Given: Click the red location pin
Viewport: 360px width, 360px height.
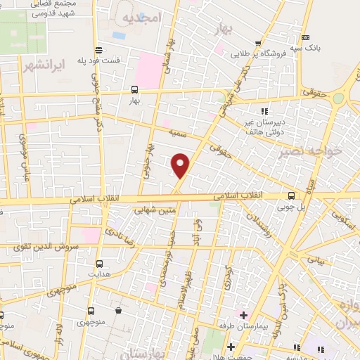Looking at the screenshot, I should tap(181, 165).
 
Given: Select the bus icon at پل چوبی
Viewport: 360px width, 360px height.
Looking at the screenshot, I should tap(292, 196).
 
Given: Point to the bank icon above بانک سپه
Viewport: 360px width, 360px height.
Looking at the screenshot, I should tap(304, 38).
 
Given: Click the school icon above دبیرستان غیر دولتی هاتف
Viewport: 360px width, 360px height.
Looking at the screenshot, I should tap(264, 111).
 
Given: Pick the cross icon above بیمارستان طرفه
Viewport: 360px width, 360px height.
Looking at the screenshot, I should tap(243, 314).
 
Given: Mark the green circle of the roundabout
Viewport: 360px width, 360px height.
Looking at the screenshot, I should tap(338, 98).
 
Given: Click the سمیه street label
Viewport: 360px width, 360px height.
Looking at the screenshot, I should tap(176, 131).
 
